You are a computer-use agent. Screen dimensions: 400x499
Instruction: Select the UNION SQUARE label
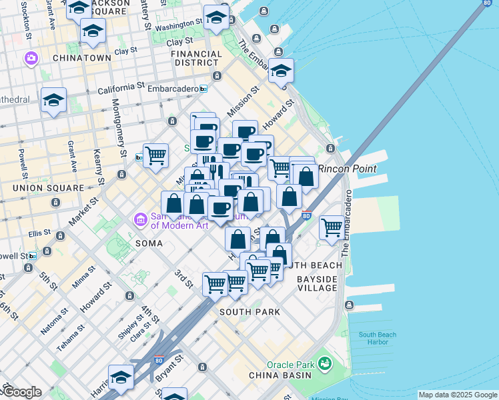click(x=49, y=188)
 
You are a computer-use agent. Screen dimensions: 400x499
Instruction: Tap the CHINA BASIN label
click(x=280, y=375)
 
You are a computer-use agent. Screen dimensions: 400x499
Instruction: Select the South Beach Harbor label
click(x=378, y=338)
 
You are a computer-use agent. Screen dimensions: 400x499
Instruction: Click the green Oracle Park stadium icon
click(x=325, y=364)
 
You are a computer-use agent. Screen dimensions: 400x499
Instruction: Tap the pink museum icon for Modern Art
click(x=140, y=219)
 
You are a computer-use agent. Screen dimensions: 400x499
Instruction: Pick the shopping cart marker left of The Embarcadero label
click(x=332, y=227)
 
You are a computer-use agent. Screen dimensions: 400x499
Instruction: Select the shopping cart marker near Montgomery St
click(x=155, y=155)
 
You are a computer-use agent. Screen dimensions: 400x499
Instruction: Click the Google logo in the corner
click(x=21, y=392)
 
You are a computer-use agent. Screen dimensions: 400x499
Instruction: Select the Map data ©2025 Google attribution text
click(x=458, y=395)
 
